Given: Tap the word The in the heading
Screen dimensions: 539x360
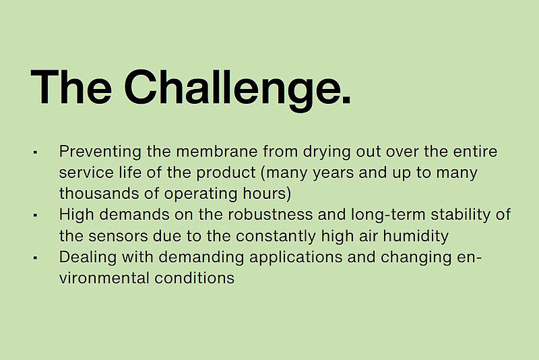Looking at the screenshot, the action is click(71, 87).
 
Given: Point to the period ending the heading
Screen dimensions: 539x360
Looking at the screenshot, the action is click(346, 99).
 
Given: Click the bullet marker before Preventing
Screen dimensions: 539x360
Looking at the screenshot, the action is click(35, 152).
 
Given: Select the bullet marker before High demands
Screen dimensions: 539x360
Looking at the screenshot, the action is click(35, 215).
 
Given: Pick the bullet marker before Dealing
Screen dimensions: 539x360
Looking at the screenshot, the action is click(35, 258).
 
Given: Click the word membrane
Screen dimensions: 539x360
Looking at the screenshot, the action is click(217, 151).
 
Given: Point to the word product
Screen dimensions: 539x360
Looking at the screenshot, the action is click(226, 173).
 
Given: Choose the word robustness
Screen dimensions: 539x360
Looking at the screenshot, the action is click(270, 215).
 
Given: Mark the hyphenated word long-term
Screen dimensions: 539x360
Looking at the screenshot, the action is click(388, 216).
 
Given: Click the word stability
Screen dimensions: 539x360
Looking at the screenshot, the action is click(461, 216).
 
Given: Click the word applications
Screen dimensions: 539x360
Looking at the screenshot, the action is click(296, 258).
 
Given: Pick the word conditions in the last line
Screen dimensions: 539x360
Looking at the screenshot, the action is click(194, 278).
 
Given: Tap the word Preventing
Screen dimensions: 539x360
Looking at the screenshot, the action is click(100, 152).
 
